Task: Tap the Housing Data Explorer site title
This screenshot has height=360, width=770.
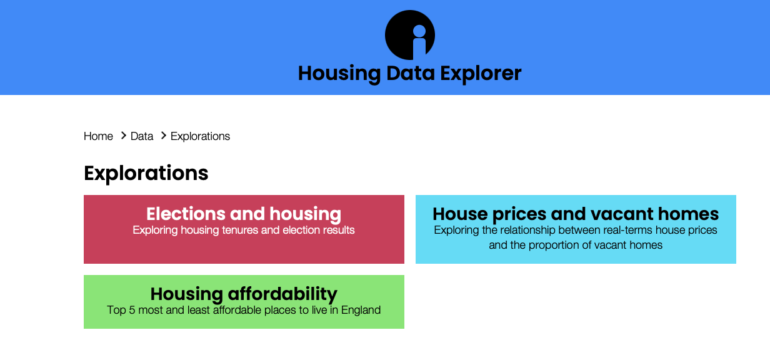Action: [409, 74]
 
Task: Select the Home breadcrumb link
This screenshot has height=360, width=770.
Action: [98, 136]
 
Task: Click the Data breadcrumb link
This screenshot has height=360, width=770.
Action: [142, 136]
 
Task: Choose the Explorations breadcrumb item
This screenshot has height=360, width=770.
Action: [200, 136]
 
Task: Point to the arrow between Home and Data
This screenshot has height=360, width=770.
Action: [123, 136]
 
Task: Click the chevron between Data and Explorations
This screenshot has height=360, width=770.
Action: [164, 136]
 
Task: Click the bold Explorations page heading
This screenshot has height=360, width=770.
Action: [146, 173]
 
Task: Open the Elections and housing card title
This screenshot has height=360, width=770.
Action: [244, 214]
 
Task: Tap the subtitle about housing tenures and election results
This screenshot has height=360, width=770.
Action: [244, 230]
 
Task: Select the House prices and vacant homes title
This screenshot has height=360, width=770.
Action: [576, 214]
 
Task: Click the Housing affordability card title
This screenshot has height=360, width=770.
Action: [244, 294]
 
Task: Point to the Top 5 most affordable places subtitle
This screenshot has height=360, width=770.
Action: [244, 310]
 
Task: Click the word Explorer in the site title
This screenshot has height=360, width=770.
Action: [481, 74]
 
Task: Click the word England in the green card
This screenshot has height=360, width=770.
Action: [361, 311]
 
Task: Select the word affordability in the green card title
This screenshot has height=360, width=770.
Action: [282, 294]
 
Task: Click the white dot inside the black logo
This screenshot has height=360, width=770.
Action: [419, 31]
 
